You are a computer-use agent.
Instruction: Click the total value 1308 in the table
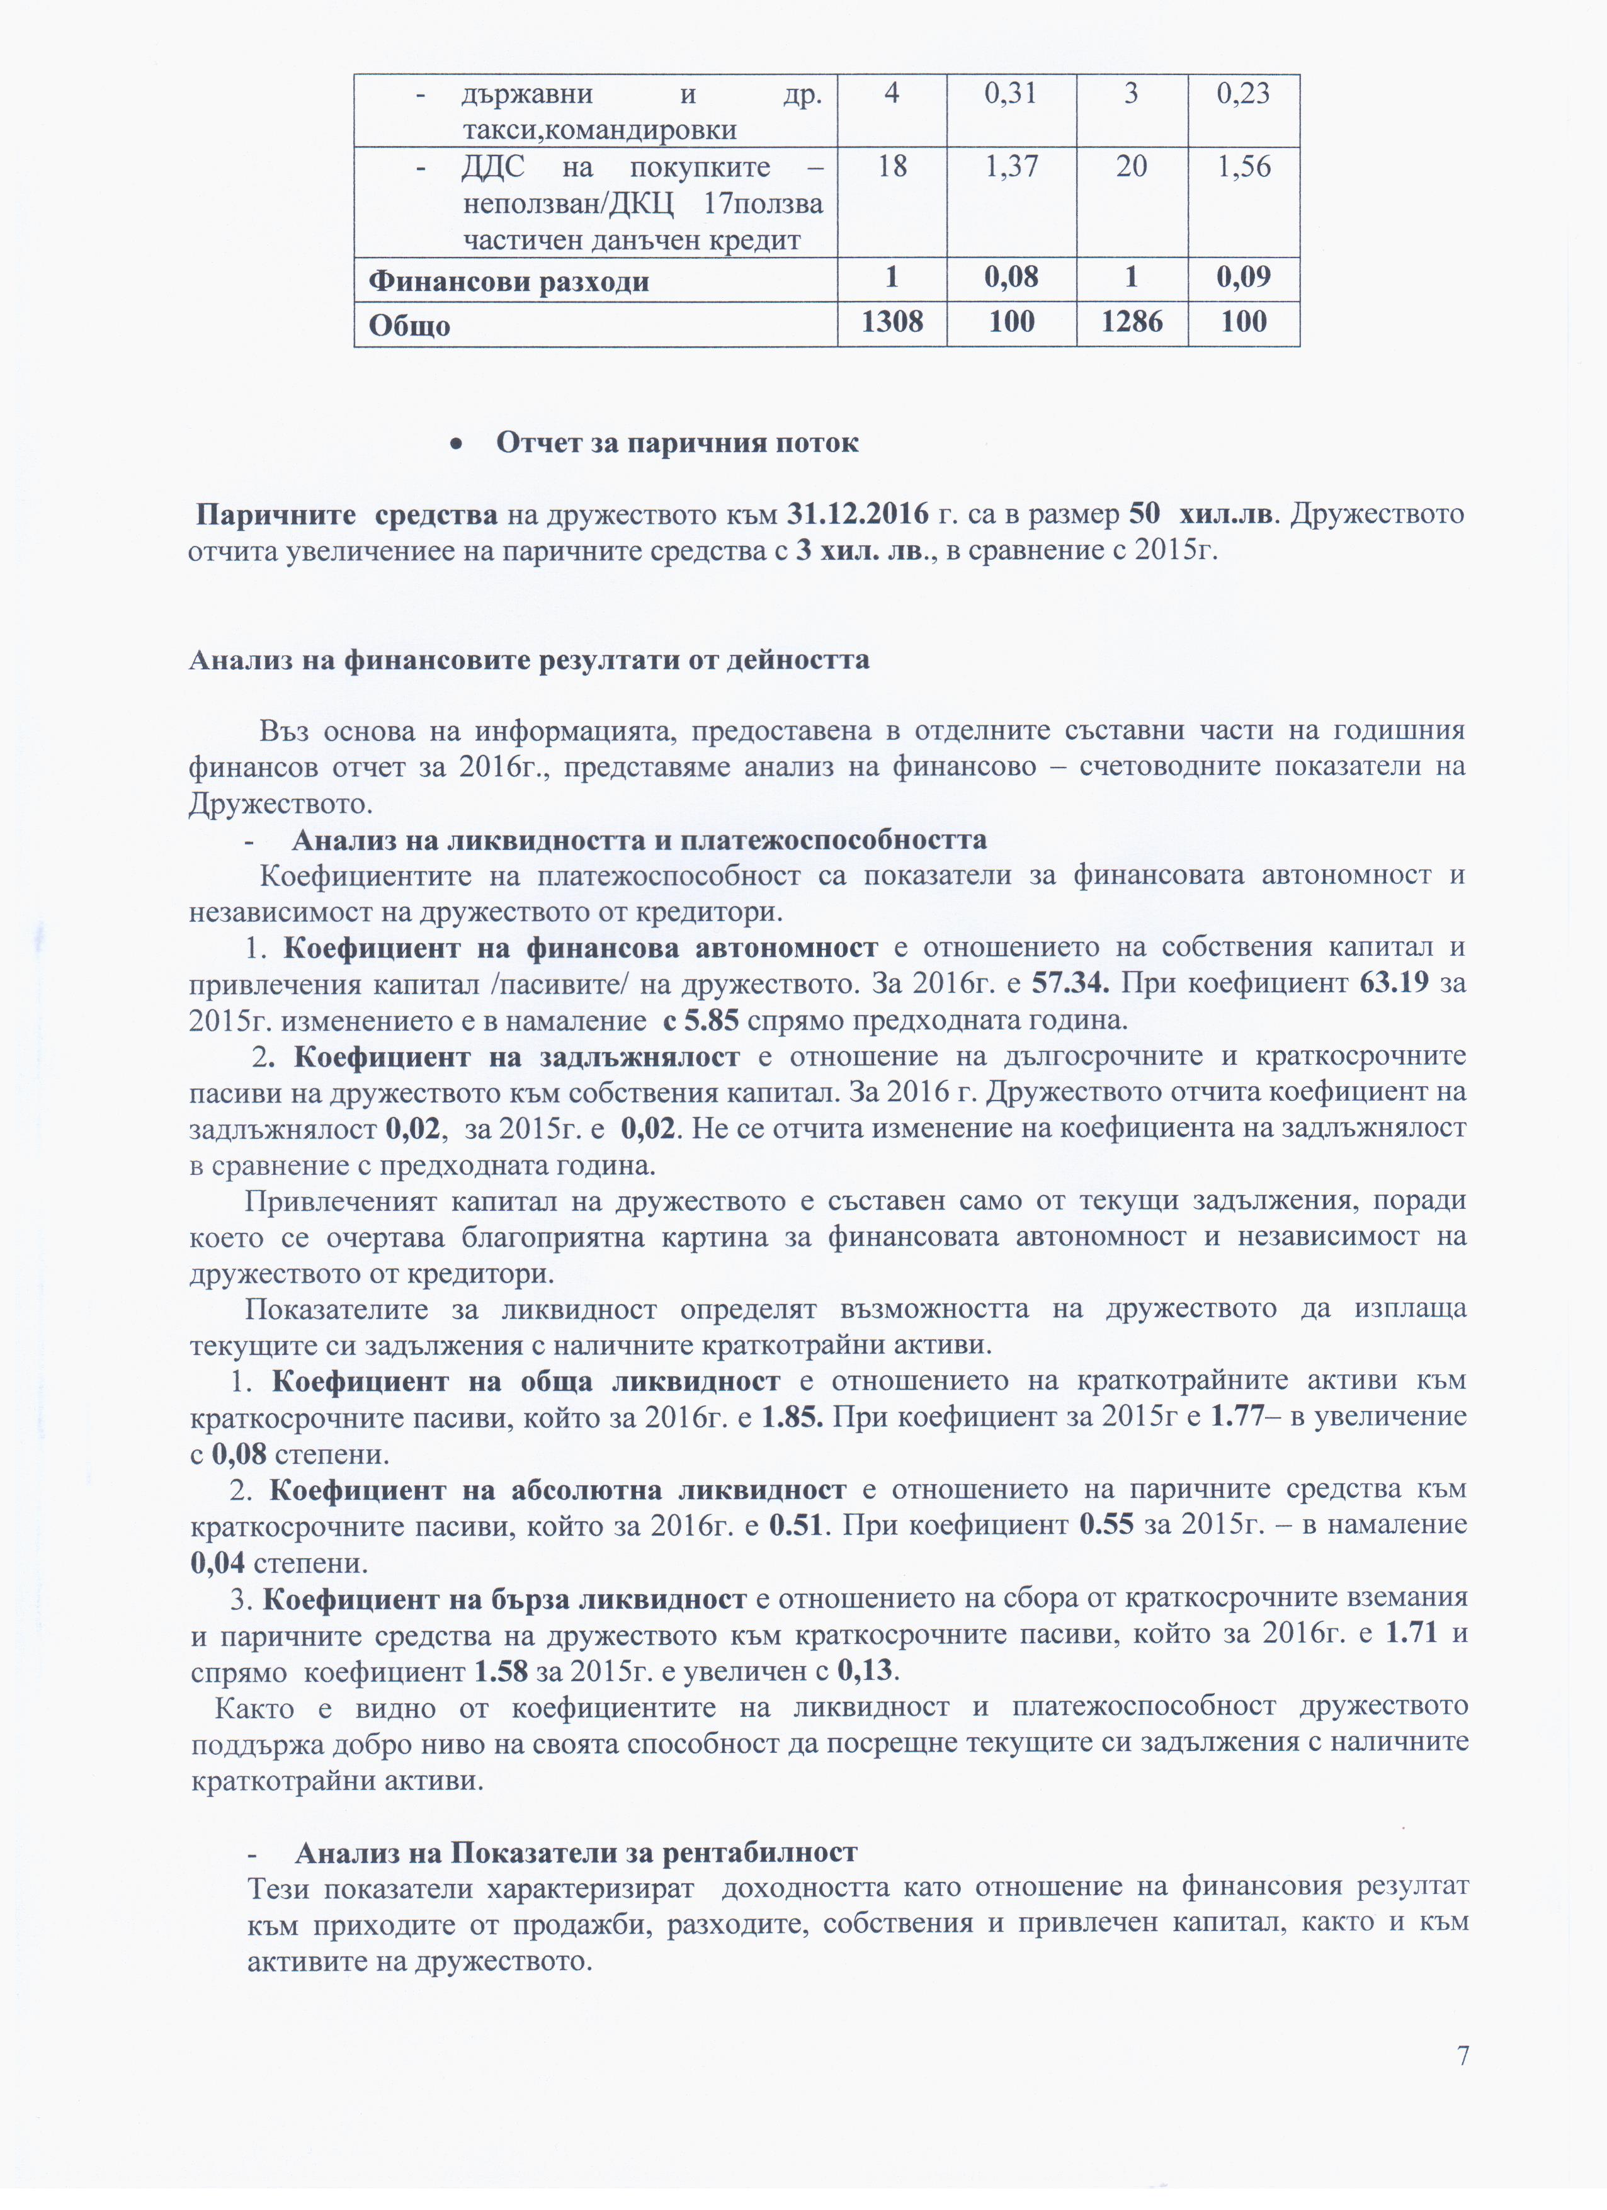click(892, 322)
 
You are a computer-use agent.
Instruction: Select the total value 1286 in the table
click(1132, 322)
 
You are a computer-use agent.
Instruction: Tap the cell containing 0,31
click(1011, 94)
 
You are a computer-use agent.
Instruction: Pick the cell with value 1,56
click(1244, 167)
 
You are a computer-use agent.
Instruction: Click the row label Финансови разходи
click(509, 281)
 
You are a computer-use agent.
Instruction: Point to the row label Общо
click(409, 324)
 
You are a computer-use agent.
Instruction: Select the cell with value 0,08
click(1011, 278)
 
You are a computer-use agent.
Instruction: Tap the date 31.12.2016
click(858, 514)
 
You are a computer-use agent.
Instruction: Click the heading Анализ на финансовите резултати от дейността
click(529, 660)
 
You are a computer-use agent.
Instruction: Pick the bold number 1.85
click(792, 1416)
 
